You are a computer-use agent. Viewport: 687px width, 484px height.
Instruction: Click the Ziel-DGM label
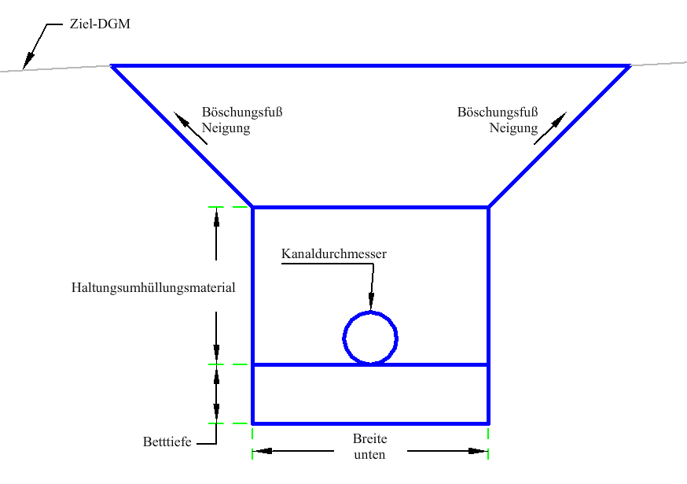pyautogui.click(x=100, y=24)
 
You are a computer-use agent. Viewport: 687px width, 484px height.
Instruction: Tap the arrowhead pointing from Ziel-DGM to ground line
pyautogui.click(x=29, y=60)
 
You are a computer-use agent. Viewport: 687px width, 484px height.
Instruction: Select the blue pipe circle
pyautogui.click(x=370, y=338)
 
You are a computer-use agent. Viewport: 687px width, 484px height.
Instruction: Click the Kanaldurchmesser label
pyautogui.click(x=334, y=253)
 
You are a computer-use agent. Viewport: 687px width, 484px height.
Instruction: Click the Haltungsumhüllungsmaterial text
pyautogui.click(x=153, y=287)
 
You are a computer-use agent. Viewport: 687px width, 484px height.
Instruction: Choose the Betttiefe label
pyautogui.click(x=167, y=442)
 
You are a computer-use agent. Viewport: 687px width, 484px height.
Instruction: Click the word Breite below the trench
pyautogui.click(x=369, y=439)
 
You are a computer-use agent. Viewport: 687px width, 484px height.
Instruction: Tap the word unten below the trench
pyautogui.click(x=369, y=455)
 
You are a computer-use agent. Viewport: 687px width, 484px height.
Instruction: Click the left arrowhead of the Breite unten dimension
pyautogui.click(x=263, y=451)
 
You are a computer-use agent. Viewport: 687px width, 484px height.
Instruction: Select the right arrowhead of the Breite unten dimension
pyautogui.click(x=478, y=451)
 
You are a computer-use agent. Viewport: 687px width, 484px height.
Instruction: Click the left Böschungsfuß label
pyautogui.click(x=242, y=112)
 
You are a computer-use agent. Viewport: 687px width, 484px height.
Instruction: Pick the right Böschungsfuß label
pyautogui.click(x=498, y=112)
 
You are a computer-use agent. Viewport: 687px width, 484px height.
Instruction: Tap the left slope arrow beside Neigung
pyautogui.click(x=190, y=128)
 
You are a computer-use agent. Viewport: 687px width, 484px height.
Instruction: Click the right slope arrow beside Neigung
pyautogui.click(x=550, y=128)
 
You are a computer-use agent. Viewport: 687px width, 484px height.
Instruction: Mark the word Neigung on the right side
pyautogui.click(x=513, y=128)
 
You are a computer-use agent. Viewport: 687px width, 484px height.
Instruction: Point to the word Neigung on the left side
pyautogui.click(x=226, y=128)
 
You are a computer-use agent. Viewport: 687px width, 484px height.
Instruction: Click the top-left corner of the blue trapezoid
pyautogui.click(x=112, y=66)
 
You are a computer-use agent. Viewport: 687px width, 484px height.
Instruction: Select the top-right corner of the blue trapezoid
pyautogui.click(x=630, y=66)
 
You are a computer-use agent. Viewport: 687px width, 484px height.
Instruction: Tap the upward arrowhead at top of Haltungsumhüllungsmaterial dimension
pyautogui.click(x=216, y=216)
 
